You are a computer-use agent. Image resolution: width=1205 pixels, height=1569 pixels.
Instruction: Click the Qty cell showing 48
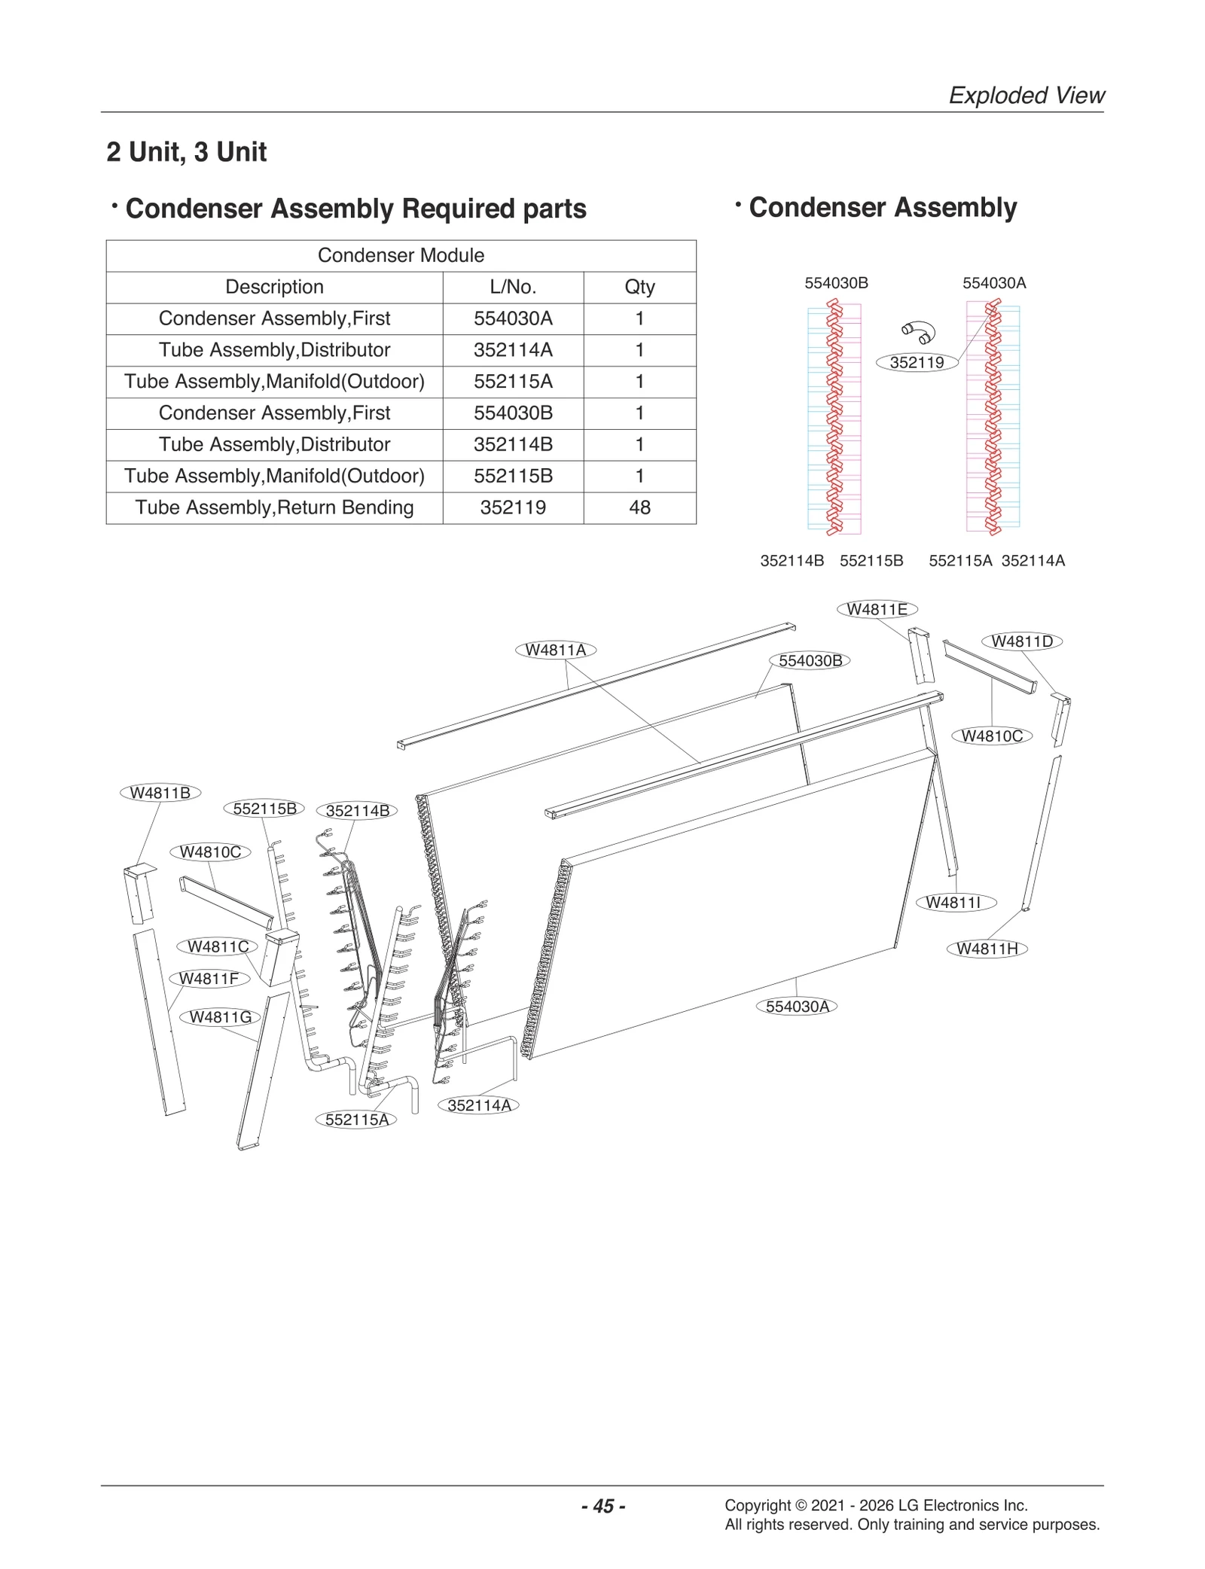click(x=639, y=507)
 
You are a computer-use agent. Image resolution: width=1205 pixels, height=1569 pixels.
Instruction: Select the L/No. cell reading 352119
click(x=513, y=507)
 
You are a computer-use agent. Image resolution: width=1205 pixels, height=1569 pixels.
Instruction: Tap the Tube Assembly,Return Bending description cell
click(x=274, y=507)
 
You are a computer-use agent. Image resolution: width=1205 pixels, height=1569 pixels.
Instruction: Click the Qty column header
click(x=639, y=287)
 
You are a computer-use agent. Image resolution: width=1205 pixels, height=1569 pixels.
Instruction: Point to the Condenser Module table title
click(x=401, y=255)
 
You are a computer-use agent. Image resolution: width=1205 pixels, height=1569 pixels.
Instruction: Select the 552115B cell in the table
click(x=513, y=476)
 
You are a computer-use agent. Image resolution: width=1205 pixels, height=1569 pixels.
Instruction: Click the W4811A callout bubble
click(x=555, y=650)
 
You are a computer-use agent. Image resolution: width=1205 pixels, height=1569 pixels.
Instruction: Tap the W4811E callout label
click(x=877, y=609)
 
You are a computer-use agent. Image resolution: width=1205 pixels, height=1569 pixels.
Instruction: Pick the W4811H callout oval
click(x=987, y=949)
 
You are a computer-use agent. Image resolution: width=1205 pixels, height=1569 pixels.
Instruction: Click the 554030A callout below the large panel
click(x=797, y=1007)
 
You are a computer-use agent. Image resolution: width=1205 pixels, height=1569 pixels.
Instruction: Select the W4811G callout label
click(x=220, y=1017)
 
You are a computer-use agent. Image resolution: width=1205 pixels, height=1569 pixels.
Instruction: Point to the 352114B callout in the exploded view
click(x=357, y=811)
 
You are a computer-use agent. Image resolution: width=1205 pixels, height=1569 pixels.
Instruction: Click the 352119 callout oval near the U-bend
click(x=917, y=363)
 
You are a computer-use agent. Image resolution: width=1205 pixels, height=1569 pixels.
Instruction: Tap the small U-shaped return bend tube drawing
click(x=919, y=331)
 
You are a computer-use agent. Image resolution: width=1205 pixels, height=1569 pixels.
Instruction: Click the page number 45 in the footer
click(x=603, y=1506)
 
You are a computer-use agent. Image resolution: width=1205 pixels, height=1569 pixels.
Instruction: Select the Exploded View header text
click(x=1026, y=96)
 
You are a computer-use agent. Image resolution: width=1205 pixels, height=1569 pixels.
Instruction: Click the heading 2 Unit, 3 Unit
click(x=187, y=152)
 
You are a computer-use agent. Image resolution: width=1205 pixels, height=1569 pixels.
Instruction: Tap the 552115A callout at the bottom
click(x=356, y=1120)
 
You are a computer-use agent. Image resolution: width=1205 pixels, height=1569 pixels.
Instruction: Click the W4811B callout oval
click(x=160, y=793)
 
